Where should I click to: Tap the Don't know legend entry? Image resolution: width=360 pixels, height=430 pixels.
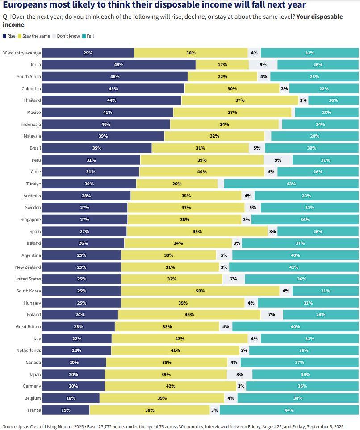67,36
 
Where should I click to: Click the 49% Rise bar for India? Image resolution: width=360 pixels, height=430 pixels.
119,65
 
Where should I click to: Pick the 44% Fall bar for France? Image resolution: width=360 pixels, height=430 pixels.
289,410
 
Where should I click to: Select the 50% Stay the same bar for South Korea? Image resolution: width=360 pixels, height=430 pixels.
200,291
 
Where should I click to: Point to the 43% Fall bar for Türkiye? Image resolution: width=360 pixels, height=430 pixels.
291,184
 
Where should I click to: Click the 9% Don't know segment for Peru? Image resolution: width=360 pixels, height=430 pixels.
278,160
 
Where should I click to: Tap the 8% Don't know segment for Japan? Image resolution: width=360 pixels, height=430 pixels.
239,374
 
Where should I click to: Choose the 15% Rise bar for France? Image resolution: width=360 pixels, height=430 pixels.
66,410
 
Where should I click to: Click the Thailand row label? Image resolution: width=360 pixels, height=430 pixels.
32,100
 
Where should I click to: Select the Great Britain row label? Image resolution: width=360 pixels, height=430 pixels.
28,326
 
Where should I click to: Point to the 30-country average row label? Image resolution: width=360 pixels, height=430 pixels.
22,53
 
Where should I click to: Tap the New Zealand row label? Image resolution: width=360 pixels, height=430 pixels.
28,267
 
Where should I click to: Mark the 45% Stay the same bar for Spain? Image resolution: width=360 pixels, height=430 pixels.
197,231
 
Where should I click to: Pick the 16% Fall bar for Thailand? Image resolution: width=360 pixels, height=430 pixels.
333,100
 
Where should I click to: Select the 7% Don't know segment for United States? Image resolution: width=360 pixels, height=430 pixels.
233,279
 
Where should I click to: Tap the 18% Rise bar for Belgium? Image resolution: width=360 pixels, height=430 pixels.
71,398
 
